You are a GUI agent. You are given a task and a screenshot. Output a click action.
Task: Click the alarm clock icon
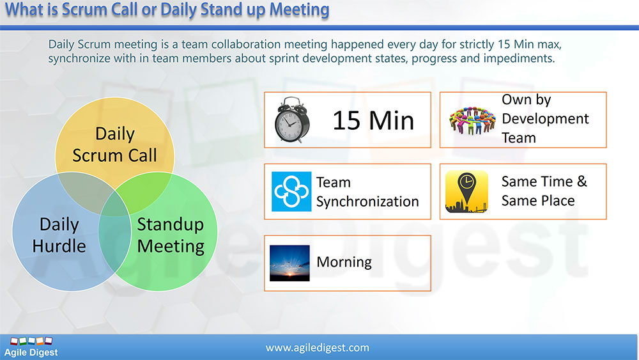(x=291, y=120)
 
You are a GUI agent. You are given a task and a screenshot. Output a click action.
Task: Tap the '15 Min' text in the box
(x=373, y=120)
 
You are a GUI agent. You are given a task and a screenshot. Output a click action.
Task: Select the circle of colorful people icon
(x=472, y=120)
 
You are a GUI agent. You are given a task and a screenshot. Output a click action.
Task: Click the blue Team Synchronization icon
(x=291, y=191)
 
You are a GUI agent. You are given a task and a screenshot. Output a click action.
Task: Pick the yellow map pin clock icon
(x=466, y=191)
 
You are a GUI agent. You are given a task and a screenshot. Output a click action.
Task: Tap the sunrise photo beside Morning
(x=289, y=263)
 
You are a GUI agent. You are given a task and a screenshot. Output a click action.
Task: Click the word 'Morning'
(x=344, y=262)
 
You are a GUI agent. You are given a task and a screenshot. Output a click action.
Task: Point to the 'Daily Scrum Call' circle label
(x=114, y=145)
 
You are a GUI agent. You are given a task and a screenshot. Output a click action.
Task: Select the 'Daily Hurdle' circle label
(x=59, y=235)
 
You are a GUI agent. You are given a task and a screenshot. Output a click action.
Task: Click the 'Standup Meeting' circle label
(x=171, y=235)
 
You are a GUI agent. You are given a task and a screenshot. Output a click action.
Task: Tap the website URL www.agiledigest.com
(x=318, y=348)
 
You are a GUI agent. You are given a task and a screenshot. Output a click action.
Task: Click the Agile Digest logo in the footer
(x=31, y=347)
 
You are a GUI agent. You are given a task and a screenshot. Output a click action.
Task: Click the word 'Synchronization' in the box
(x=367, y=201)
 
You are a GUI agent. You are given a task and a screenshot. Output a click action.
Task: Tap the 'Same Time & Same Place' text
(x=544, y=191)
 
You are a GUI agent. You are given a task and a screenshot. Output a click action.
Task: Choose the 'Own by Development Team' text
(x=545, y=119)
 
